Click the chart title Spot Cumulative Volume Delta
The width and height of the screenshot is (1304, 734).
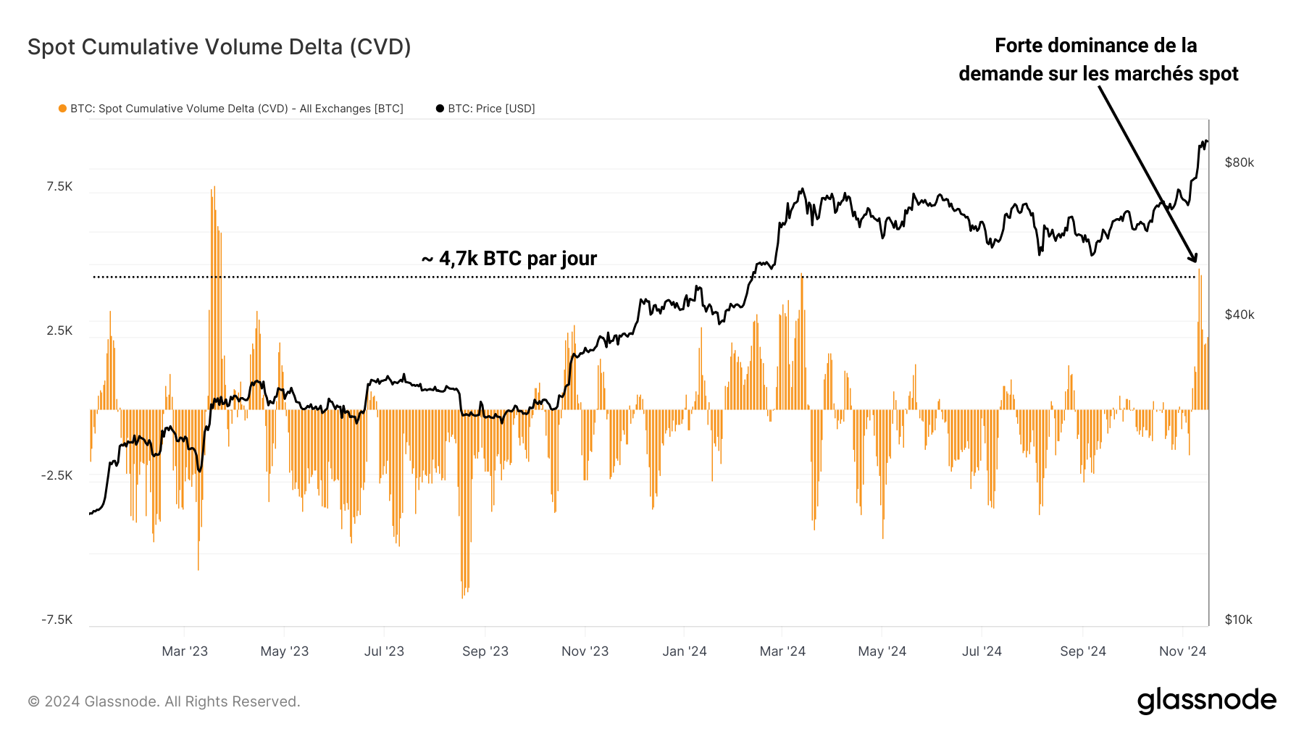pos(219,47)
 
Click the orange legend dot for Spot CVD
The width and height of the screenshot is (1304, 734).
pos(63,109)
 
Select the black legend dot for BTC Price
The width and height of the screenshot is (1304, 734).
pos(440,109)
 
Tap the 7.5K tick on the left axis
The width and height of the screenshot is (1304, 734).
pos(59,186)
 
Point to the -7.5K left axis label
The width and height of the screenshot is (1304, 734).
pos(57,620)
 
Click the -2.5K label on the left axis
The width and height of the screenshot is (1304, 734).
pos(57,475)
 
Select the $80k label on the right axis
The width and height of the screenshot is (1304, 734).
pos(1239,162)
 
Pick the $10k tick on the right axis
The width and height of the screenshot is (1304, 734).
pos(1238,620)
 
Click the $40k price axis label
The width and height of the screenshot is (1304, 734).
pos(1239,314)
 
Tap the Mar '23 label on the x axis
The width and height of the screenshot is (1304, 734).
pos(185,651)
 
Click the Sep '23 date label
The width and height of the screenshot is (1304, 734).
pos(485,651)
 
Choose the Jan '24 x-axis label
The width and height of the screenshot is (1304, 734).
pos(684,651)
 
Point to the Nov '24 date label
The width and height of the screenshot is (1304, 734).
pos(1182,651)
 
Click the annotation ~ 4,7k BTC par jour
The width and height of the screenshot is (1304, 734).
pos(509,259)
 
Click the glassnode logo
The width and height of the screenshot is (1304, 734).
pos(1206,701)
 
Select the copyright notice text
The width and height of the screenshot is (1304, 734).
pos(164,701)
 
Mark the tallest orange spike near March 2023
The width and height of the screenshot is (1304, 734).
pos(214,190)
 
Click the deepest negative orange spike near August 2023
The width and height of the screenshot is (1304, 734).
pos(462,594)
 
